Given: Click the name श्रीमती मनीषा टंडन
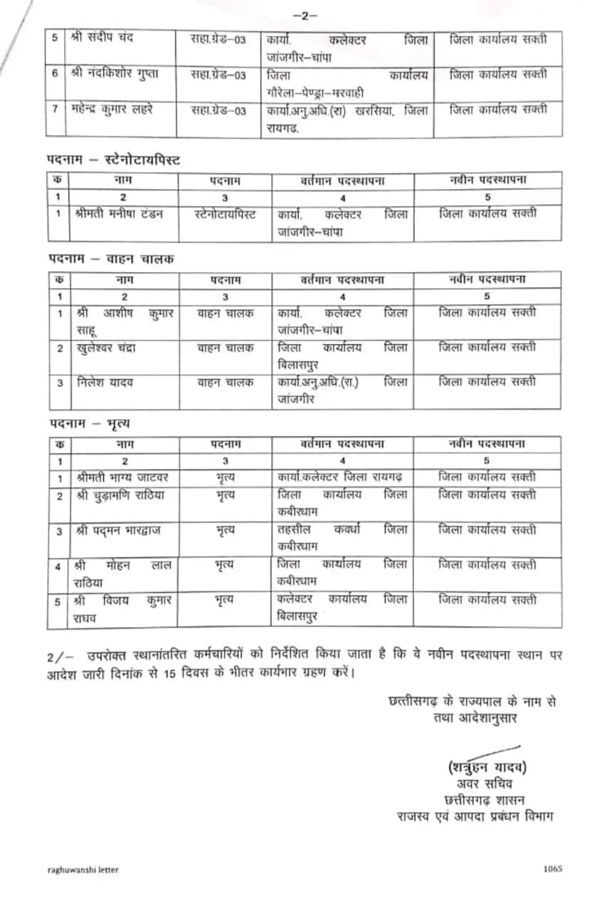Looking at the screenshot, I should pyautogui.click(x=119, y=214).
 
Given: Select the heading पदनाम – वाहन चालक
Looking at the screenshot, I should pyautogui.click(x=111, y=259).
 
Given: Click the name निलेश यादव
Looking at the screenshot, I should pyautogui.click(x=104, y=382).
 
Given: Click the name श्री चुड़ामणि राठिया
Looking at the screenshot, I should pyautogui.click(x=119, y=496).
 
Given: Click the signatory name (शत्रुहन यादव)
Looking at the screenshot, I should pyautogui.click(x=488, y=767).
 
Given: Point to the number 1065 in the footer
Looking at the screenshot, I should pyautogui.click(x=552, y=869).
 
